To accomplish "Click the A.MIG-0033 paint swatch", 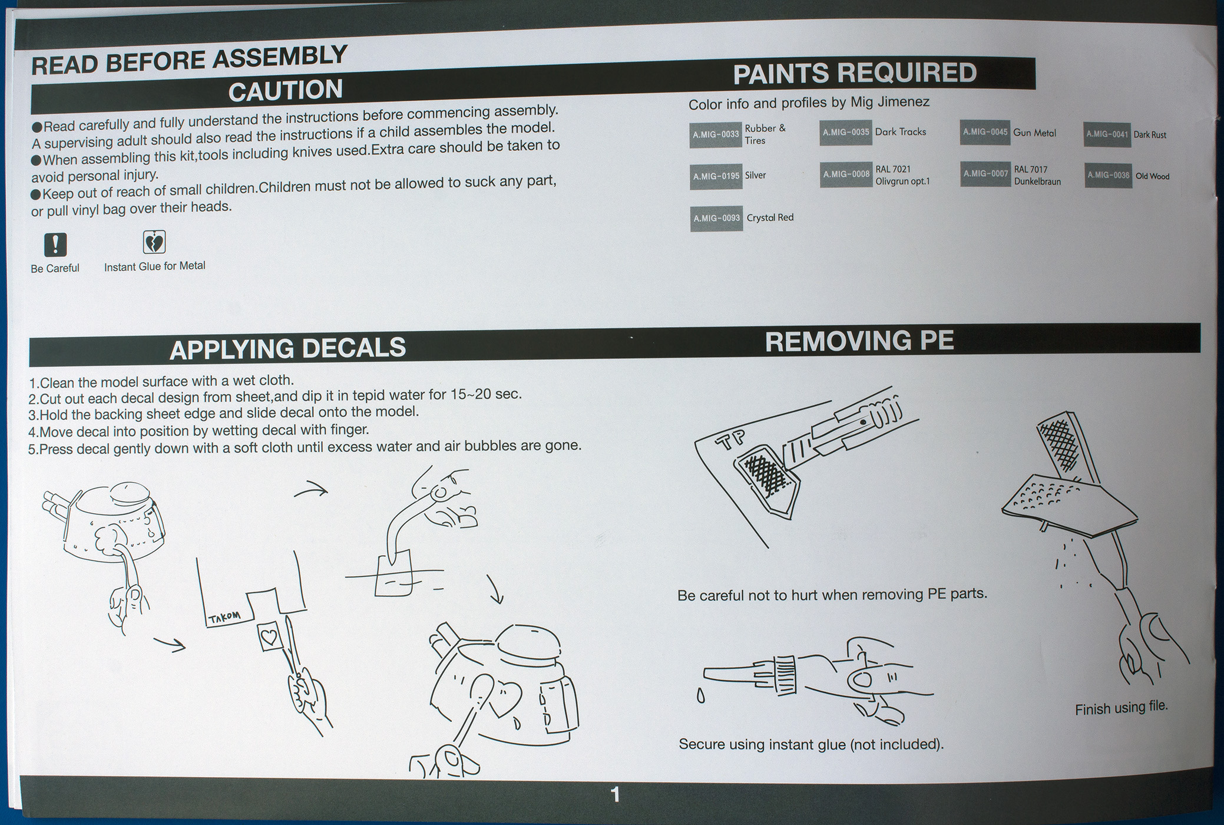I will pyautogui.click(x=715, y=134).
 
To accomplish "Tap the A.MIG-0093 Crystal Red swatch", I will pyautogui.click(x=716, y=219).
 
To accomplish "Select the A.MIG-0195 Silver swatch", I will pyautogui.click(x=716, y=176).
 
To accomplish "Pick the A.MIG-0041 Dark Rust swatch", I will pyautogui.click(x=1107, y=134).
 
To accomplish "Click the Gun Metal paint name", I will pyautogui.click(x=1034, y=133).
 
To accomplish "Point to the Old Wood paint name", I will pyautogui.click(x=1152, y=176).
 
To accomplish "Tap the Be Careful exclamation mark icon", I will pyautogui.click(x=55, y=244).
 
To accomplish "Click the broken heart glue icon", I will pyautogui.click(x=154, y=242).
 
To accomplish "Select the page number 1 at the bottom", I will pyautogui.click(x=616, y=795).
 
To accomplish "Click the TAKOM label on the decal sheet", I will pyautogui.click(x=224, y=617).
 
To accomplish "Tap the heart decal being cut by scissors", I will pyautogui.click(x=269, y=636).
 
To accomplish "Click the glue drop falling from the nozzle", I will pyautogui.click(x=700, y=697).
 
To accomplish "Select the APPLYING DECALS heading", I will pyautogui.click(x=287, y=349).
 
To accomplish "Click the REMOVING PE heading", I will pyautogui.click(x=859, y=341).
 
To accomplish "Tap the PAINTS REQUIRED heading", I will pyautogui.click(x=855, y=74).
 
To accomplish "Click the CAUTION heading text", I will pyautogui.click(x=286, y=91).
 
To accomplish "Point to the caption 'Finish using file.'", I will pyautogui.click(x=1121, y=708).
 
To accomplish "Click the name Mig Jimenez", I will pyautogui.click(x=889, y=103).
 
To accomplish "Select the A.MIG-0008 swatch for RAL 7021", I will pyautogui.click(x=846, y=174).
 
